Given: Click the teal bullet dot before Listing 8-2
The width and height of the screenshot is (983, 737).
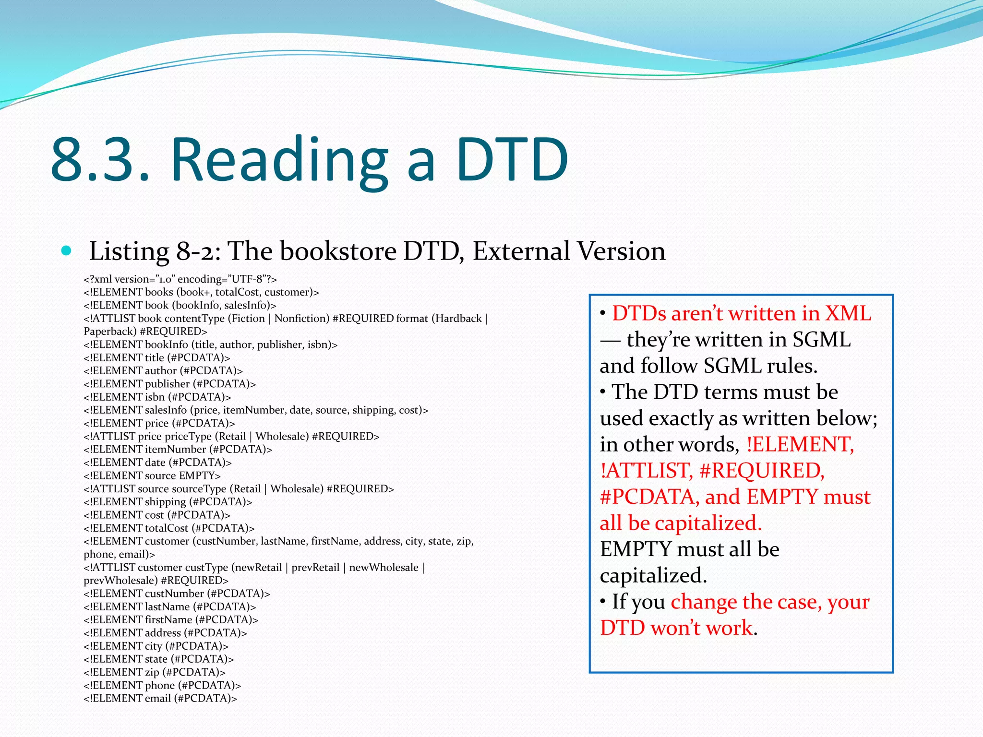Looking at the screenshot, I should (x=66, y=250).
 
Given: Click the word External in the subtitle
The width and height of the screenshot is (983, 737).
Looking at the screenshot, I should (x=520, y=251).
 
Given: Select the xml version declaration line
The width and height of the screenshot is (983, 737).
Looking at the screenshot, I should (x=180, y=279).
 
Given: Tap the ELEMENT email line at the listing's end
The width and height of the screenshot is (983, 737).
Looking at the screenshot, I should (x=160, y=699).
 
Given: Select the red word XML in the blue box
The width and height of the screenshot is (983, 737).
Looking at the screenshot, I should (x=847, y=314).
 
